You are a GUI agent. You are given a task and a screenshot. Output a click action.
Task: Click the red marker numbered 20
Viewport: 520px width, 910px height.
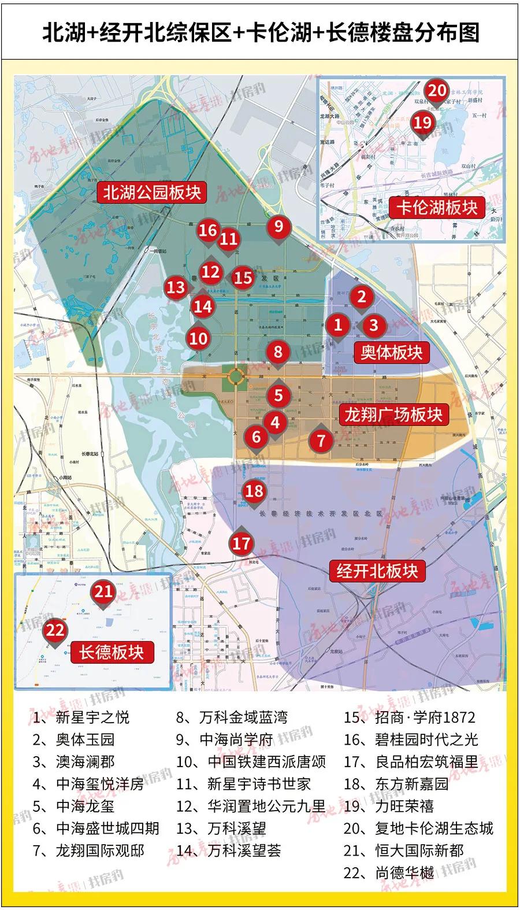(x=437, y=91)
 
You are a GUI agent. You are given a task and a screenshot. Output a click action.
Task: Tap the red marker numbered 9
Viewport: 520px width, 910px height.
(x=278, y=226)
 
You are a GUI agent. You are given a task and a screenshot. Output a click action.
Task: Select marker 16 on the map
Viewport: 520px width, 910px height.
(x=207, y=230)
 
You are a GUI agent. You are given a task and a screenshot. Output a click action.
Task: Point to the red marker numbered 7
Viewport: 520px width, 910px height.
(x=321, y=441)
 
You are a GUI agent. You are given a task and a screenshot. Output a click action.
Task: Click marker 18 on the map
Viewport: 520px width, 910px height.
(x=254, y=491)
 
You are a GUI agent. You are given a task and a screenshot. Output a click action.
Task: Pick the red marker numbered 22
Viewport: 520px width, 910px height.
(x=55, y=630)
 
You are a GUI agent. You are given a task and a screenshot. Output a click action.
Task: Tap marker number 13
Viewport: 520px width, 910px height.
(x=176, y=287)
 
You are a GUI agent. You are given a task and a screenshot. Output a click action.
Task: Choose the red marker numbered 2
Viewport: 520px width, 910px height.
(x=362, y=297)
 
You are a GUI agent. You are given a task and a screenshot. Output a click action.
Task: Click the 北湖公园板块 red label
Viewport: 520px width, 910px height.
(x=152, y=193)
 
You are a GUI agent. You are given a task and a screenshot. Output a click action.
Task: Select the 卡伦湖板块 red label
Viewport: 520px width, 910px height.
(x=437, y=208)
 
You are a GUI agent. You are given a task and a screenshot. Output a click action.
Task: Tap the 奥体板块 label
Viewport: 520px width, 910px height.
(x=391, y=352)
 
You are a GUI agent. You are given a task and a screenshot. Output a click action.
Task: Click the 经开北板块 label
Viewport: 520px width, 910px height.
(x=377, y=571)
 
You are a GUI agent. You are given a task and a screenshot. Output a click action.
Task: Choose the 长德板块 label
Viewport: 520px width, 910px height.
(x=111, y=652)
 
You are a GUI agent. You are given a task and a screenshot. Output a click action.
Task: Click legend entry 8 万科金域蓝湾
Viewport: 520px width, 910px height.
(x=232, y=718)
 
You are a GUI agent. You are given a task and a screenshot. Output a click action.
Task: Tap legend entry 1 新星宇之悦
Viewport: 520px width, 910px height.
(x=81, y=718)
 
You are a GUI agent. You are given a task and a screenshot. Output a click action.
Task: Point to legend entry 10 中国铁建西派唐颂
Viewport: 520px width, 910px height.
(x=251, y=762)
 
